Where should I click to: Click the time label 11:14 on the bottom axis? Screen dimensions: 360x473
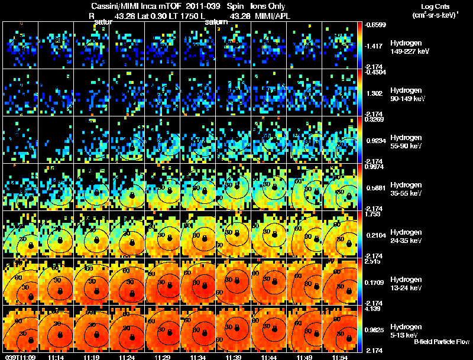click(x=56, y=357)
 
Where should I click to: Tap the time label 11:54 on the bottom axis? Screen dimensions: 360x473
click(x=341, y=357)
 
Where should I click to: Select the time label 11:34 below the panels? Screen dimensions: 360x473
click(x=198, y=357)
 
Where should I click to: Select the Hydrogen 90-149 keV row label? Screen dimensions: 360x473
click(x=406, y=95)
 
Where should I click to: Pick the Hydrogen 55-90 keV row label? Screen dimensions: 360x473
click(x=406, y=141)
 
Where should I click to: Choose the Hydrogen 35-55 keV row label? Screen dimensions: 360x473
click(x=406, y=189)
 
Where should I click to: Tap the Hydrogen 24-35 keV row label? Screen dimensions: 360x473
click(x=406, y=236)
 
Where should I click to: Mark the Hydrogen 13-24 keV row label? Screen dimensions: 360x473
click(x=406, y=283)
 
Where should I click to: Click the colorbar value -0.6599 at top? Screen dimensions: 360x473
click(x=376, y=25)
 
